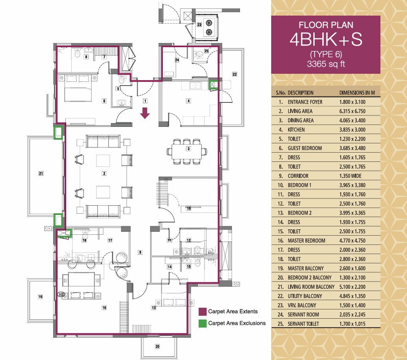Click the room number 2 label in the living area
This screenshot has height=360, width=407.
click(x=104, y=173)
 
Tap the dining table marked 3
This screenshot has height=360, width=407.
click(x=187, y=151)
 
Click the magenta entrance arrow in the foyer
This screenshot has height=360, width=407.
click(x=145, y=113)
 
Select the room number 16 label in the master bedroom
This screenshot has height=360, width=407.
click(x=104, y=308)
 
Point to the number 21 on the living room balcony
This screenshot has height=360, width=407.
click(x=41, y=173)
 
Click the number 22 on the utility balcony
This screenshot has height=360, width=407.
click(x=234, y=74)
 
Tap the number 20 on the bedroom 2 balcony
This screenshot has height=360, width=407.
click(x=157, y=346)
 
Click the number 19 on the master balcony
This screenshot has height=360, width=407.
click(x=40, y=296)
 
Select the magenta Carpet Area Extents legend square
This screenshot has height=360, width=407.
click(x=202, y=312)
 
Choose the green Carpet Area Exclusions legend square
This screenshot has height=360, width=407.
click(x=202, y=323)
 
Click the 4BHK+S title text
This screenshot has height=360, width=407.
click(x=326, y=40)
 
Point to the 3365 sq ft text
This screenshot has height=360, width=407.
click(x=326, y=64)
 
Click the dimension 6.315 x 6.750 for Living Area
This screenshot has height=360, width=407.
click(x=352, y=111)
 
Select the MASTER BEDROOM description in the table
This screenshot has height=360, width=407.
click(x=306, y=241)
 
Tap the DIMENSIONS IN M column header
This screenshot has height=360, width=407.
click(x=357, y=93)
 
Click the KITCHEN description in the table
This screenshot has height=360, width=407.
click(x=296, y=130)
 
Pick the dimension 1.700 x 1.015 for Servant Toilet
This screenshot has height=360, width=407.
click(x=352, y=324)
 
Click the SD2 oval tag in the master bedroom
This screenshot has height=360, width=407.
click(x=61, y=295)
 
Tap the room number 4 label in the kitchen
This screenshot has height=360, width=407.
click(x=189, y=101)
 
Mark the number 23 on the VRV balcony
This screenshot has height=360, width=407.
click(x=199, y=24)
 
